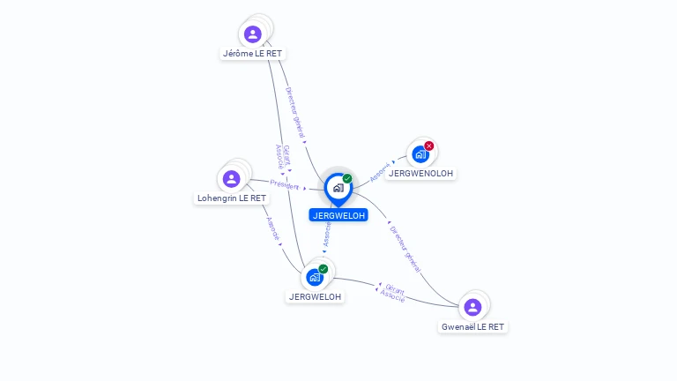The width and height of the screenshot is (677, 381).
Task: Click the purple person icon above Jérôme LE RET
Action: pyautogui.click(x=253, y=34)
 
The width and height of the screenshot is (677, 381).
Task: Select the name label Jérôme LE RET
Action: pyautogui.click(x=252, y=54)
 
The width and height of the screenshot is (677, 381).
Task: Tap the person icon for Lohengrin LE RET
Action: pyautogui.click(x=232, y=178)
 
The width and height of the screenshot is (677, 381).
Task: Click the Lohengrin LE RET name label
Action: pyautogui.click(x=232, y=198)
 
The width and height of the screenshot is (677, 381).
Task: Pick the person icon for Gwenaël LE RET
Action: pyautogui.click(x=472, y=307)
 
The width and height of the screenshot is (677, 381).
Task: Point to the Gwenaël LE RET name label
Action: pyautogui.click(x=472, y=327)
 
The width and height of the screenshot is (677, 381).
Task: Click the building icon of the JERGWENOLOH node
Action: pyautogui.click(x=420, y=154)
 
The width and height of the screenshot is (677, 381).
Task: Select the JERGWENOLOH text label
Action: pyautogui.click(x=420, y=174)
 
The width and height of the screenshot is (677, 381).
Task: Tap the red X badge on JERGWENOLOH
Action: pyautogui.click(x=428, y=146)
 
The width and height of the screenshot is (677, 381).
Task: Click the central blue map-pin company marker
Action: pyautogui.click(x=338, y=190)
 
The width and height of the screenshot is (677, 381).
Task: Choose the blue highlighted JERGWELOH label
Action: pyautogui.click(x=338, y=215)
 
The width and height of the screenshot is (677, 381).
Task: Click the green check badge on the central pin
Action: pyautogui.click(x=347, y=178)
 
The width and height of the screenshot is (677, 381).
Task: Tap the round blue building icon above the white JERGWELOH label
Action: pyautogui.click(x=315, y=277)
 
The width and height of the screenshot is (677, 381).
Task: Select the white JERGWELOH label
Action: pyautogui.click(x=315, y=296)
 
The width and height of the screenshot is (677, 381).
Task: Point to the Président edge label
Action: pyautogui.click(x=285, y=185)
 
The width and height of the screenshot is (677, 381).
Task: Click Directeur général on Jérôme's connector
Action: pyautogui.click(x=295, y=112)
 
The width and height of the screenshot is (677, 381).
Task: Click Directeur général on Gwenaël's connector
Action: pyautogui.click(x=405, y=250)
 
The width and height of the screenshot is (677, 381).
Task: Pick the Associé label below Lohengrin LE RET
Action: pyautogui.click(x=273, y=229)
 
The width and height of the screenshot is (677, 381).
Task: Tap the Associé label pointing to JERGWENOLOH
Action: pyautogui.click(x=380, y=172)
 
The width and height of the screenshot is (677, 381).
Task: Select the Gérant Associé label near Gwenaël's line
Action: pyautogui.click(x=393, y=294)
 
